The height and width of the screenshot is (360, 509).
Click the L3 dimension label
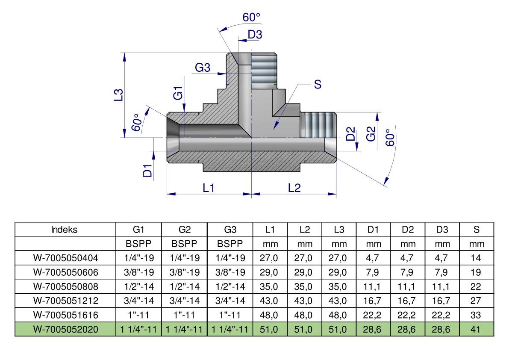tap(119, 95)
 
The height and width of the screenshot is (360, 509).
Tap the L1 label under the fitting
tap(209, 188)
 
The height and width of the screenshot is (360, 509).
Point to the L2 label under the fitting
tap(294, 188)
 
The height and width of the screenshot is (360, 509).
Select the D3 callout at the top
tap(255, 34)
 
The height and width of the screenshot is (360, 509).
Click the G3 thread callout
tap(203, 68)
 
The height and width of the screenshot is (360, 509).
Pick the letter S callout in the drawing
tap(318, 84)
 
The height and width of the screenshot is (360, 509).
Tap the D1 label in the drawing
tap(147, 171)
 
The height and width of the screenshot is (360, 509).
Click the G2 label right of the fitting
tap(371, 134)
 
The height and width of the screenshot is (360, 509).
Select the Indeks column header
tap(64, 230)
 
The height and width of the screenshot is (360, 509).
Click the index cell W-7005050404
tap(65, 258)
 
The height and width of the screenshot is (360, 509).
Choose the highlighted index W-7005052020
tap(65, 330)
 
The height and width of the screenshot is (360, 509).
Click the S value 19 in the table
tap(476, 272)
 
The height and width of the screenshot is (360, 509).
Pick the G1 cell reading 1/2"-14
tap(138, 286)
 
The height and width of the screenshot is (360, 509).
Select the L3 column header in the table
tap(339, 230)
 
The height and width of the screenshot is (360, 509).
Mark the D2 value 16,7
tap(406, 301)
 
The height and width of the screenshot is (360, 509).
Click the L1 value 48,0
tap(269, 315)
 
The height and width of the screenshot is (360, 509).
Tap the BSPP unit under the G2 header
tap(184, 244)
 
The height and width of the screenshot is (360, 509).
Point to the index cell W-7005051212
tap(65, 301)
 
